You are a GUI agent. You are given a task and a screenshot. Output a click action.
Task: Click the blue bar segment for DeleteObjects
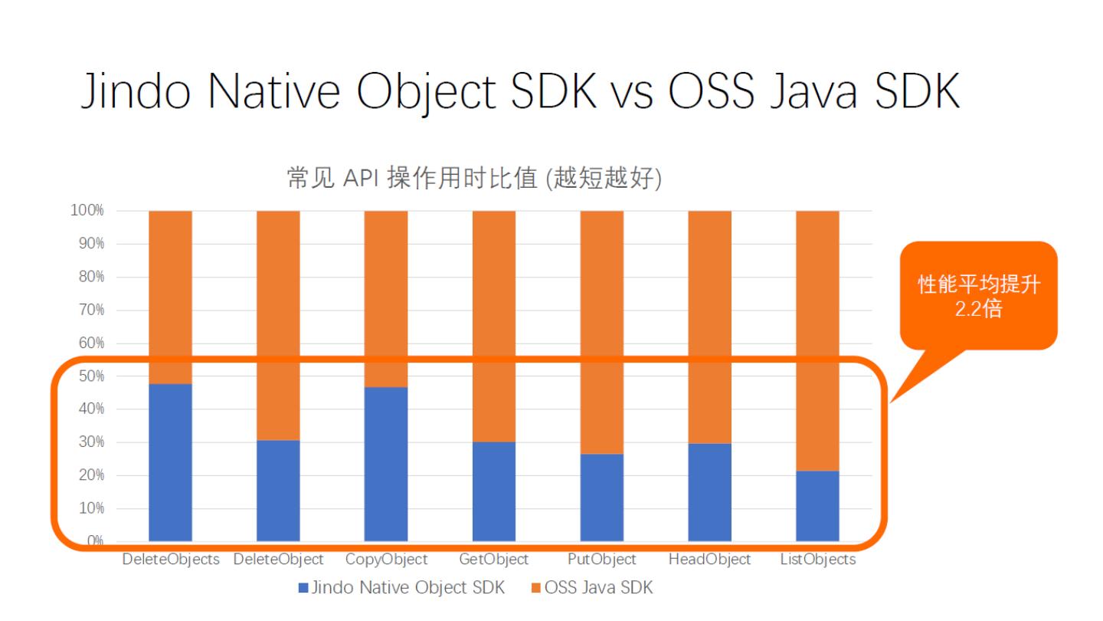pyautogui.click(x=170, y=462)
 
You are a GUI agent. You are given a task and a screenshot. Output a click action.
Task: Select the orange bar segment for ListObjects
pyautogui.click(x=817, y=340)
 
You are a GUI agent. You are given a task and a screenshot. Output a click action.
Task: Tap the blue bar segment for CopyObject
pyautogui.click(x=386, y=464)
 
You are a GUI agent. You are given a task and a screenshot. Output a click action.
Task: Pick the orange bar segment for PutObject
pyautogui.click(x=601, y=332)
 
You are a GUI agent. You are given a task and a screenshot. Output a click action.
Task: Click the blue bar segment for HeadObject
pyautogui.click(x=709, y=492)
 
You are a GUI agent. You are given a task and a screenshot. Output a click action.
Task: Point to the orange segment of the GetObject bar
pyautogui.click(x=493, y=326)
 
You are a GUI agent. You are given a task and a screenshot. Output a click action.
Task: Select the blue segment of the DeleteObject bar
pyautogui.click(x=278, y=491)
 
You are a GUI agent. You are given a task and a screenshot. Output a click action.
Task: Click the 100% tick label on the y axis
pyautogui.click(x=88, y=211)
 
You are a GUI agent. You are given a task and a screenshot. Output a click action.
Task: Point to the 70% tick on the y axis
pyautogui.click(x=91, y=310)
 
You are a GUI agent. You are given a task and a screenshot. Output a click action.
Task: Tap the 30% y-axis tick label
pyautogui.click(x=91, y=442)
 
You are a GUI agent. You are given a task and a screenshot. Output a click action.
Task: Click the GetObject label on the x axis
pyautogui.click(x=493, y=560)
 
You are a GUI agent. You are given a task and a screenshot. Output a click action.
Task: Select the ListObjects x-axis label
pyautogui.click(x=817, y=560)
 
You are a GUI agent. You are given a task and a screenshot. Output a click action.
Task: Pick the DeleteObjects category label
pyautogui.click(x=170, y=560)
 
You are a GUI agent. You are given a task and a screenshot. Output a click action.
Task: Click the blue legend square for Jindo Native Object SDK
pyautogui.click(x=303, y=589)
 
